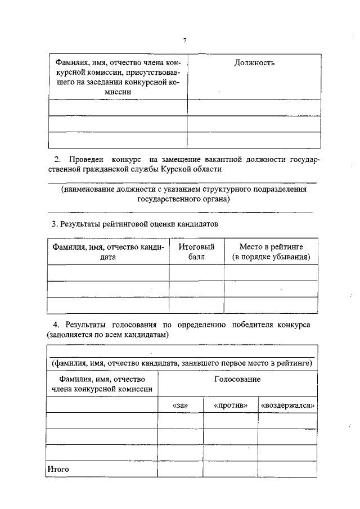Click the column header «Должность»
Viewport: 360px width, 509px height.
pyautogui.click(x=254, y=63)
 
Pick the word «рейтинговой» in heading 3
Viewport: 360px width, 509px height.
pyautogui.click(x=137, y=224)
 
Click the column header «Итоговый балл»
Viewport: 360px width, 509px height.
pyautogui.click(x=196, y=251)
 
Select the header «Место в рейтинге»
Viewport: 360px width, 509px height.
pyautogui.click(x=271, y=246)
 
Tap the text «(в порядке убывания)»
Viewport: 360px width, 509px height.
pyautogui.click(x=271, y=256)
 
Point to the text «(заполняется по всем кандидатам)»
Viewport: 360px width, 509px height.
pyautogui.click(x=107, y=334)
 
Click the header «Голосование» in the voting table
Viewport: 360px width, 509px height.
pyautogui.click(x=237, y=380)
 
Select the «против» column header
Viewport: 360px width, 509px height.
pyautogui.click(x=230, y=405)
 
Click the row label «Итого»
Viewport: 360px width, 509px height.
pyautogui.click(x=58, y=468)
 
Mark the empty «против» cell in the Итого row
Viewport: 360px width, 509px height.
pyautogui.click(x=230, y=468)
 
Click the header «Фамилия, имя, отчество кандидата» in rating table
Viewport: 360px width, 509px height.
pyautogui.click(x=108, y=251)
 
